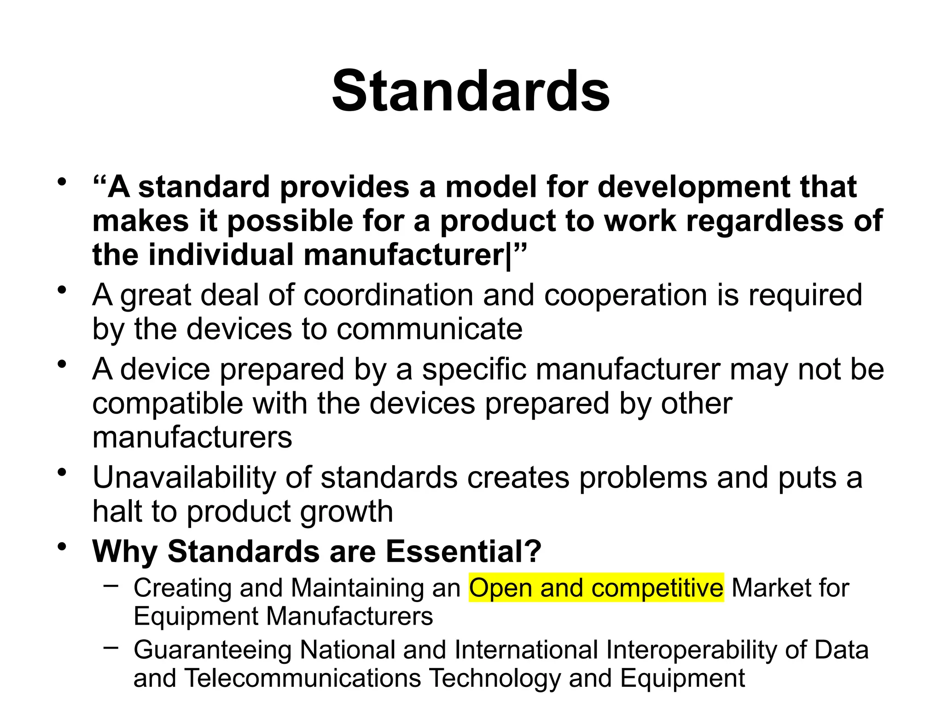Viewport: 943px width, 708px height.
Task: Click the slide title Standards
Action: pyautogui.click(x=471, y=91)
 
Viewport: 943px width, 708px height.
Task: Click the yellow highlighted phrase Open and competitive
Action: pyautogui.click(x=596, y=588)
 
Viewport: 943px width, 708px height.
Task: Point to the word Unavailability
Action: pyautogui.click(x=184, y=478)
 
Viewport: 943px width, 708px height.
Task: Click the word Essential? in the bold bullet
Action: pyautogui.click(x=464, y=551)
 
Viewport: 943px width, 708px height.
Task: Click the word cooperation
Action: pyautogui.click(x=626, y=295)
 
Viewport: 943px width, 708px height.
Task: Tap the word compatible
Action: pyautogui.click(x=168, y=404)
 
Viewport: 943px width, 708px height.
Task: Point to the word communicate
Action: pyautogui.click(x=429, y=329)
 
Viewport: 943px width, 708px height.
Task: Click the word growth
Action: pyautogui.click(x=346, y=512)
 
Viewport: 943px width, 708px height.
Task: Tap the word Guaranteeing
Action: pyautogui.click(x=212, y=650)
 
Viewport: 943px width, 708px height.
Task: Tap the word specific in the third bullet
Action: pyautogui.click(x=474, y=370)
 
